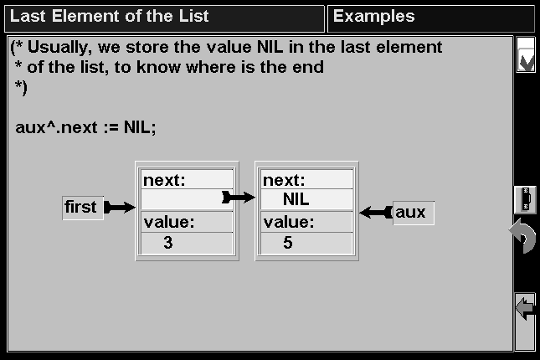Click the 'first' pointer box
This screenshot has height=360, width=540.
point(83,208)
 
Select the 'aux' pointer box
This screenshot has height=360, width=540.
point(414,213)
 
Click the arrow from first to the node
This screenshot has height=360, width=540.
point(120,208)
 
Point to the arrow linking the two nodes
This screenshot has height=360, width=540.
point(239,198)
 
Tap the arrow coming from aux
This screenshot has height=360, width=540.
point(376,212)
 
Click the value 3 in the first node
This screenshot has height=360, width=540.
point(168,243)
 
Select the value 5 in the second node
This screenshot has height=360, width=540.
point(288,243)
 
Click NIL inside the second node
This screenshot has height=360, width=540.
point(296,199)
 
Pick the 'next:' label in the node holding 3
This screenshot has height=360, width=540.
point(164,180)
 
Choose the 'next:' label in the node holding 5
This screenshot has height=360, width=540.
point(284,180)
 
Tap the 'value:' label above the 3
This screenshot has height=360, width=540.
point(169,222)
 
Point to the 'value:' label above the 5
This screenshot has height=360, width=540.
point(289,222)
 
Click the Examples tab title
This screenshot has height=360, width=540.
point(373,16)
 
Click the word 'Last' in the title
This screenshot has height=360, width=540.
point(28,16)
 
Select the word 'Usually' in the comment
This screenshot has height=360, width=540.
point(60,48)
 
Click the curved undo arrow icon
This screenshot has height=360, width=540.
point(522,237)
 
